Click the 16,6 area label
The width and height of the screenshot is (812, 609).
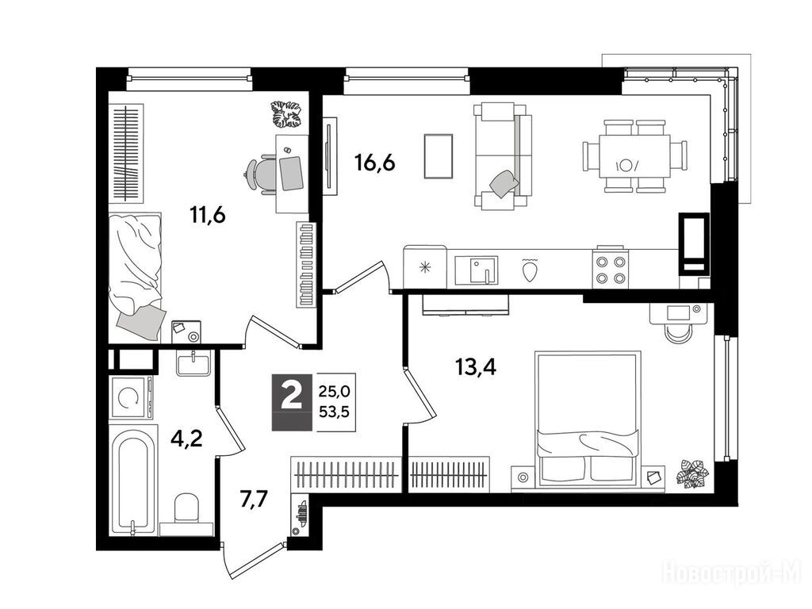[x=374, y=163]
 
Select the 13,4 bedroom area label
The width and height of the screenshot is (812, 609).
[x=476, y=367]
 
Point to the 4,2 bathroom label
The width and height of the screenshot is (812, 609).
[x=186, y=439]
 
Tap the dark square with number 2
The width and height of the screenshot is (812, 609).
[x=292, y=402]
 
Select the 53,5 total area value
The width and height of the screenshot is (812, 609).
[x=334, y=412]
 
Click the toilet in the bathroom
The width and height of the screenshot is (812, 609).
[x=187, y=510]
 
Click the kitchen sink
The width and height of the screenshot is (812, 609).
[x=476, y=270]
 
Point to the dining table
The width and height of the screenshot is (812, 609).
[x=634, y=156]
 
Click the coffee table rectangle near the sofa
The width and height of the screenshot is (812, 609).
[x=438, y=156]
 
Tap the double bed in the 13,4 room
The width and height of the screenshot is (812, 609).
[x=588, y=419]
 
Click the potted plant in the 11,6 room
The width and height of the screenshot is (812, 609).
[x=286, y=114]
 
